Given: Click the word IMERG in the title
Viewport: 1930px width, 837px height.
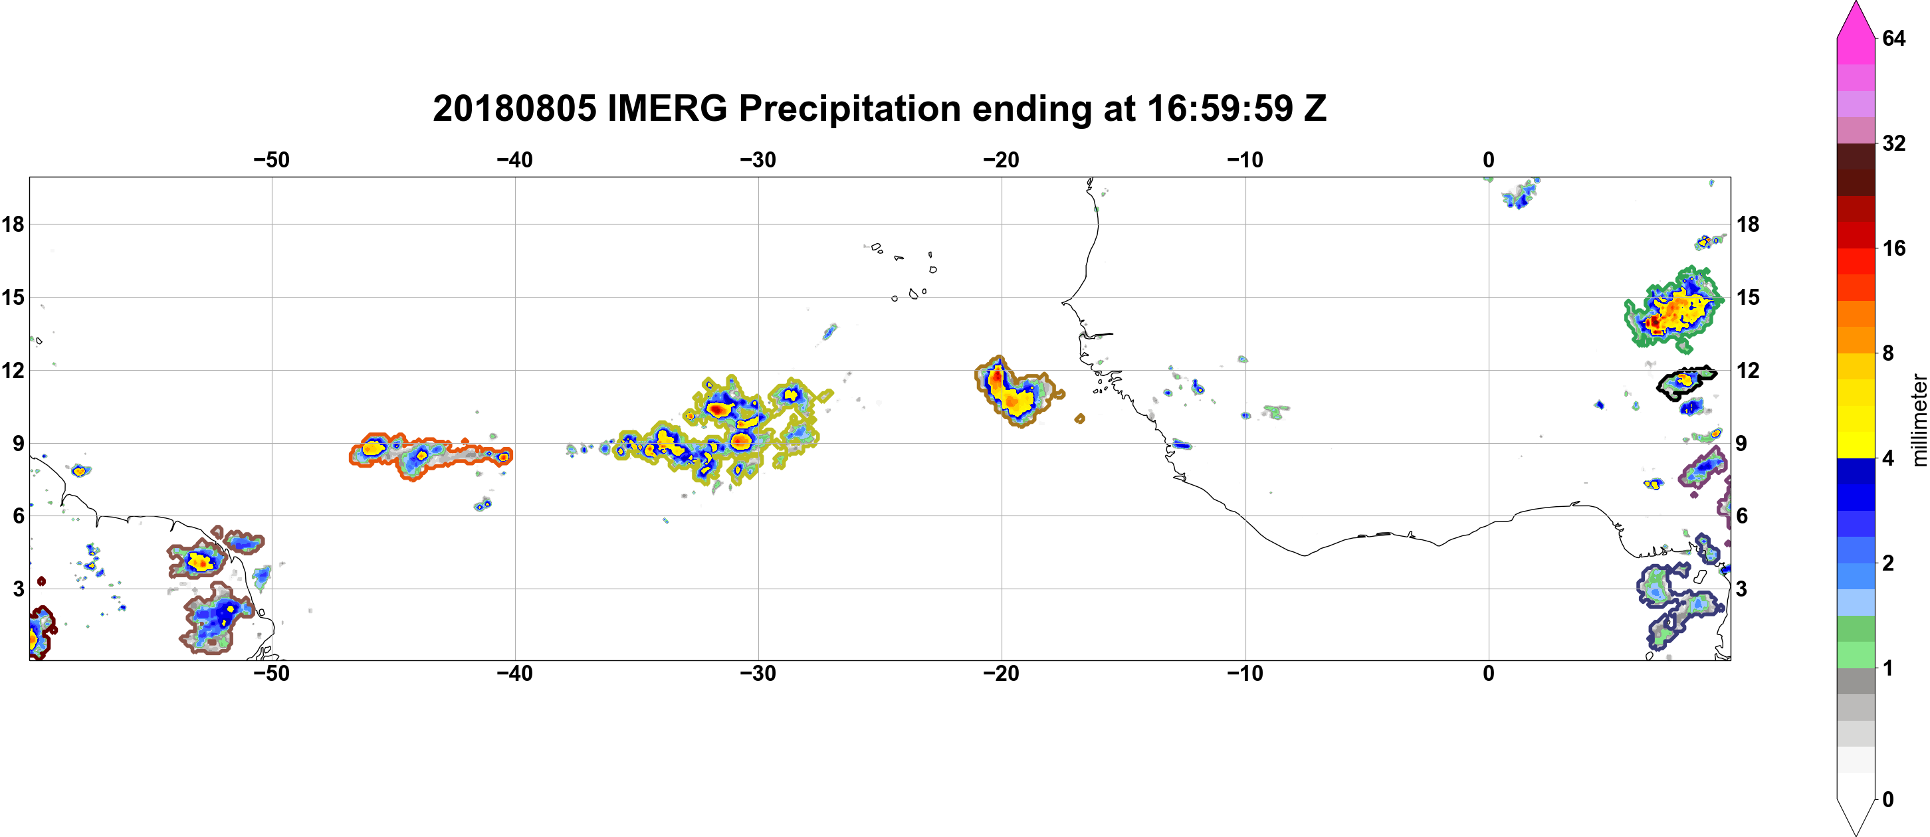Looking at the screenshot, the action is click(667, 108).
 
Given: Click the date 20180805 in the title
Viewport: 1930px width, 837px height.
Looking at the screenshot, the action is click(514, 108).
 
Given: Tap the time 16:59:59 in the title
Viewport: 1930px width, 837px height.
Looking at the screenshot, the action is click(1220, 108).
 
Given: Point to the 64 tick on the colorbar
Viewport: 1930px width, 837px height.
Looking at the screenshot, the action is click(1894, 37).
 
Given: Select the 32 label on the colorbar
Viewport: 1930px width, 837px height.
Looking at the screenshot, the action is click(1894, 142).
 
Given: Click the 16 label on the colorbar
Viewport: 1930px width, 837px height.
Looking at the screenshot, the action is click(1894, 248).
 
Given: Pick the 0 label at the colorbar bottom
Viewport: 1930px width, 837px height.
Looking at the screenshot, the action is click(1888, 800).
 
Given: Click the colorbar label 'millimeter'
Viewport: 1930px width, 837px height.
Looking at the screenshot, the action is click(1919, 420).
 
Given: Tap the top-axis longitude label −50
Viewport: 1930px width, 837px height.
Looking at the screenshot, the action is click(271, 159).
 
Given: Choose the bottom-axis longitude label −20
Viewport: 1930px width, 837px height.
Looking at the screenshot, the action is click(1001, 673).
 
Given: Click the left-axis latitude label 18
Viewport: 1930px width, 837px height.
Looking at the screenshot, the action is click(13, 224).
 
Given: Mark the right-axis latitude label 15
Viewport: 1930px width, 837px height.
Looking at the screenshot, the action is click(1748, 297).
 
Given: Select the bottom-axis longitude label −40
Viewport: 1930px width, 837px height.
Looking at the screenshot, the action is click(514, 673).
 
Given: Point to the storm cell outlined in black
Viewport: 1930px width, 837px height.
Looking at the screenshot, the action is click(1685, 383).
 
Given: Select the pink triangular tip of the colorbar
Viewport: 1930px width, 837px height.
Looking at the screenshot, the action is click(1856, 21).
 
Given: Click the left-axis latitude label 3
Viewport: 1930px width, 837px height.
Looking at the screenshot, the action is click(18, 589).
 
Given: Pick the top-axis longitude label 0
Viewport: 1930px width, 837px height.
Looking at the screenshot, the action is click(1489, 159).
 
